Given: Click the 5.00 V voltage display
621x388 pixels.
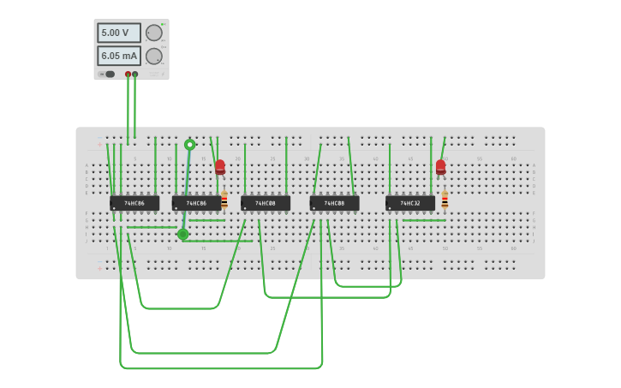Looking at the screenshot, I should coord(118,33).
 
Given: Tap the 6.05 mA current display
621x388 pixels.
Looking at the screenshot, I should coord(118,56).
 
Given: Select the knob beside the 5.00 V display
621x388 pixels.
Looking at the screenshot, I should coord(154,33).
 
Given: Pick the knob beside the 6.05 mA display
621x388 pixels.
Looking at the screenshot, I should coord(154,57).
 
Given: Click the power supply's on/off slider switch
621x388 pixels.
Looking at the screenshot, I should coord(108,75).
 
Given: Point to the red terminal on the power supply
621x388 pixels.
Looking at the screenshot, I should coord(128,75).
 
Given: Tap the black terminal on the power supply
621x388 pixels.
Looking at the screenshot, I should coord(135,75).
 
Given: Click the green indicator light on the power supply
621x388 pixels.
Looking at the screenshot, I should coord(163,25).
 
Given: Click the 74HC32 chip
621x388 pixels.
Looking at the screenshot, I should coord(410,203).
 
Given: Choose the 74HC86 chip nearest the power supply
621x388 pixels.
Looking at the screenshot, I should coord(134,203).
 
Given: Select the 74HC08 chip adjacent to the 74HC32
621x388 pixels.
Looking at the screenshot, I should coord(335,203).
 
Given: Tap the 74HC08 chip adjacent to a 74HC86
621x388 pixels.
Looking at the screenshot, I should coord(266,203).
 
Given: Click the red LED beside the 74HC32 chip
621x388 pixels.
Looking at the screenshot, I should coord(440,166).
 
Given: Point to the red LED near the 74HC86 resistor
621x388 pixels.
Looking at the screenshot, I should coord(220,166).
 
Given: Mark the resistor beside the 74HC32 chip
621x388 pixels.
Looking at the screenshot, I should coord(445,200).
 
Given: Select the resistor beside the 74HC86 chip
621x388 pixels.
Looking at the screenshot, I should coord(224,200).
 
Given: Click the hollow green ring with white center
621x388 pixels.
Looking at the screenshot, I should coord(190,145).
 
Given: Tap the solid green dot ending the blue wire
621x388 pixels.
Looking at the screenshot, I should coord(182,234).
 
